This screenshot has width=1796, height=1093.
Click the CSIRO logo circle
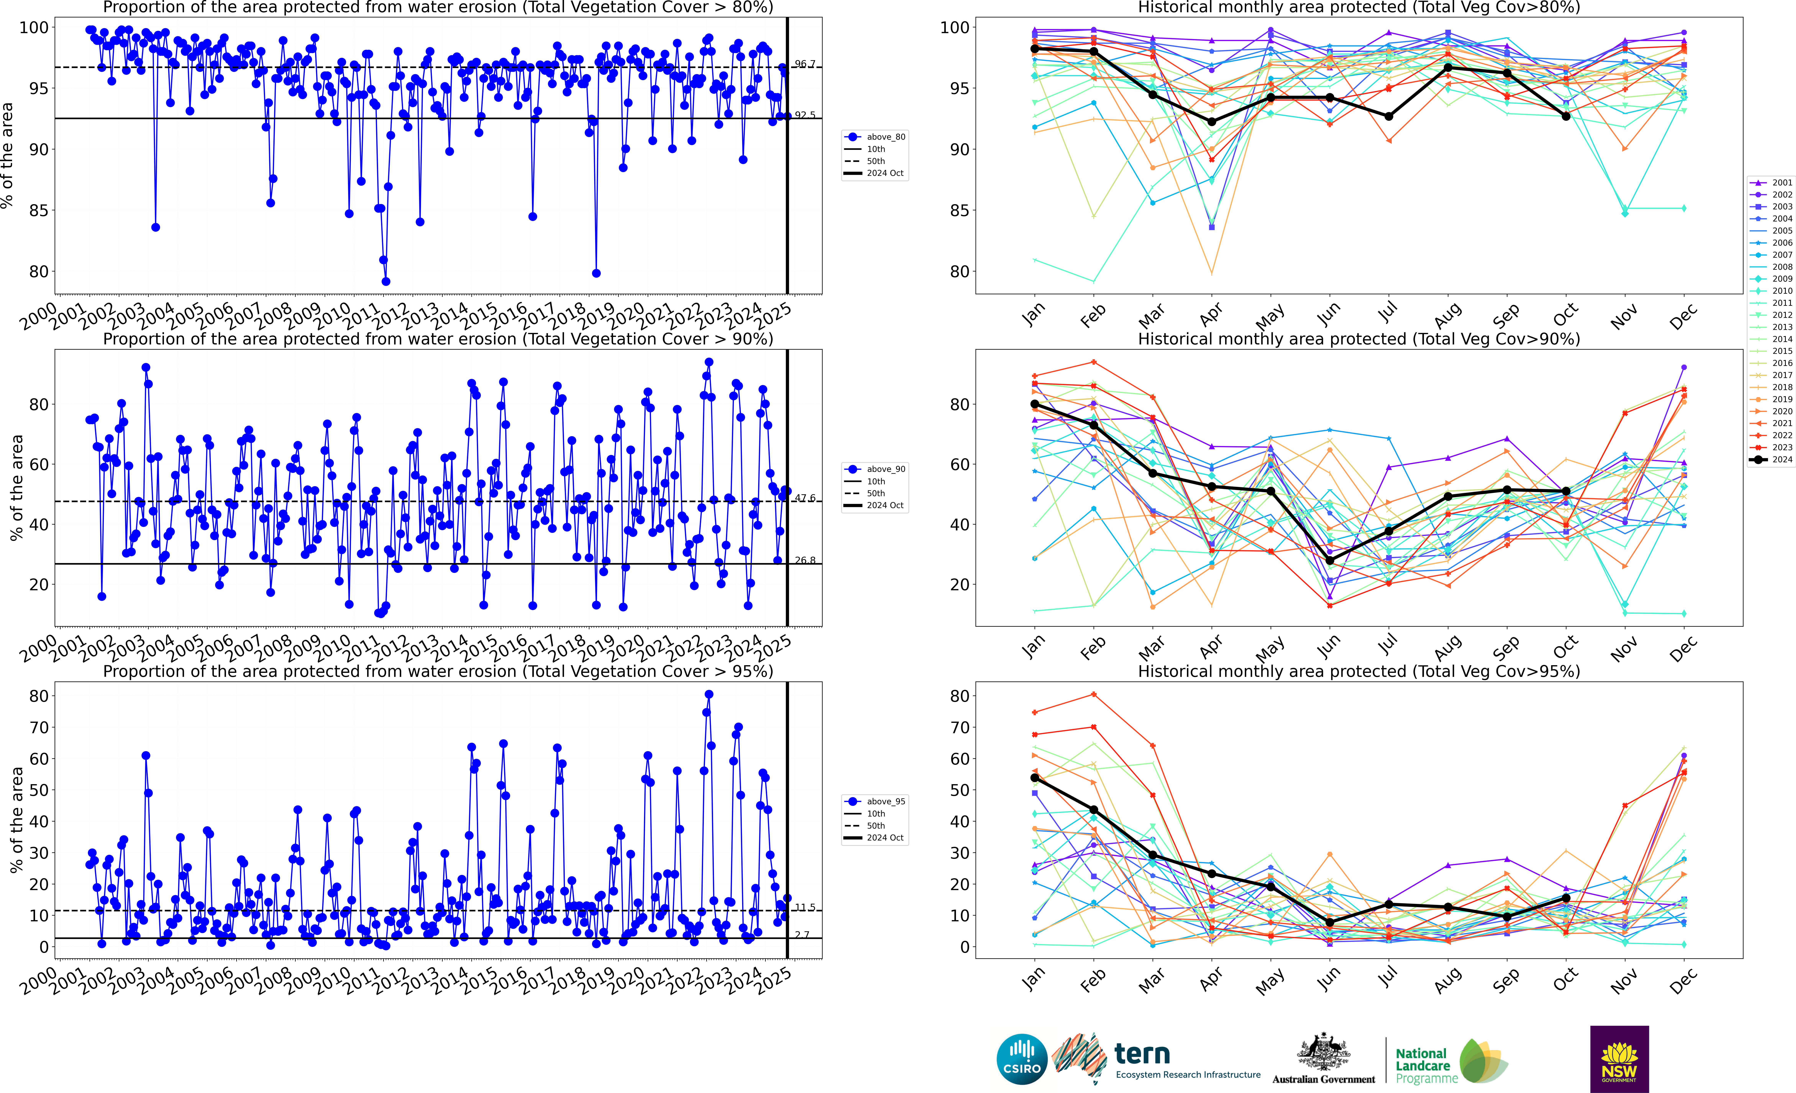click(1021, 1059)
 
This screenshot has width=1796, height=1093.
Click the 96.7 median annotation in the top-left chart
click(805, 64)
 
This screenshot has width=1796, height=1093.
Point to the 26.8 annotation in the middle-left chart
click(805, 560)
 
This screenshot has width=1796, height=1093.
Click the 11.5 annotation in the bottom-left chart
click(805, 907)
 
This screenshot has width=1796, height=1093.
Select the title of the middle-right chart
click(1359, 339)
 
